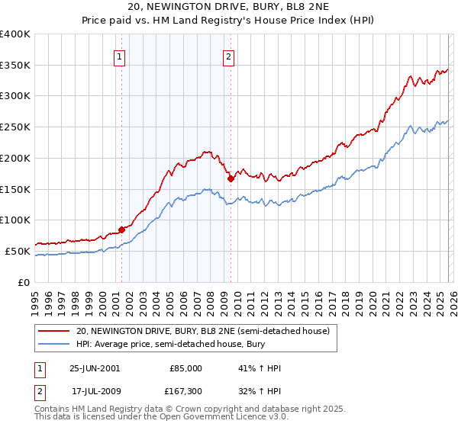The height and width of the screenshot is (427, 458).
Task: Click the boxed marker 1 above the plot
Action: pos(121,56)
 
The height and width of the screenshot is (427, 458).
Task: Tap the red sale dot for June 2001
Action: pos(122,229)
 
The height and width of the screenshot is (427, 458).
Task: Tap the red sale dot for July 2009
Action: pos(231,178)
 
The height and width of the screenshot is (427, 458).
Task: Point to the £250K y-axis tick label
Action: pos(15,127)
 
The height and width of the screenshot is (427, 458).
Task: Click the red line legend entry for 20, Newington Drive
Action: pos(202,331)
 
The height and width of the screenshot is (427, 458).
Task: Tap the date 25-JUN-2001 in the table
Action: pos(95,368)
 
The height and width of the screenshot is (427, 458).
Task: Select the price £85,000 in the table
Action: pos(185,368)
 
